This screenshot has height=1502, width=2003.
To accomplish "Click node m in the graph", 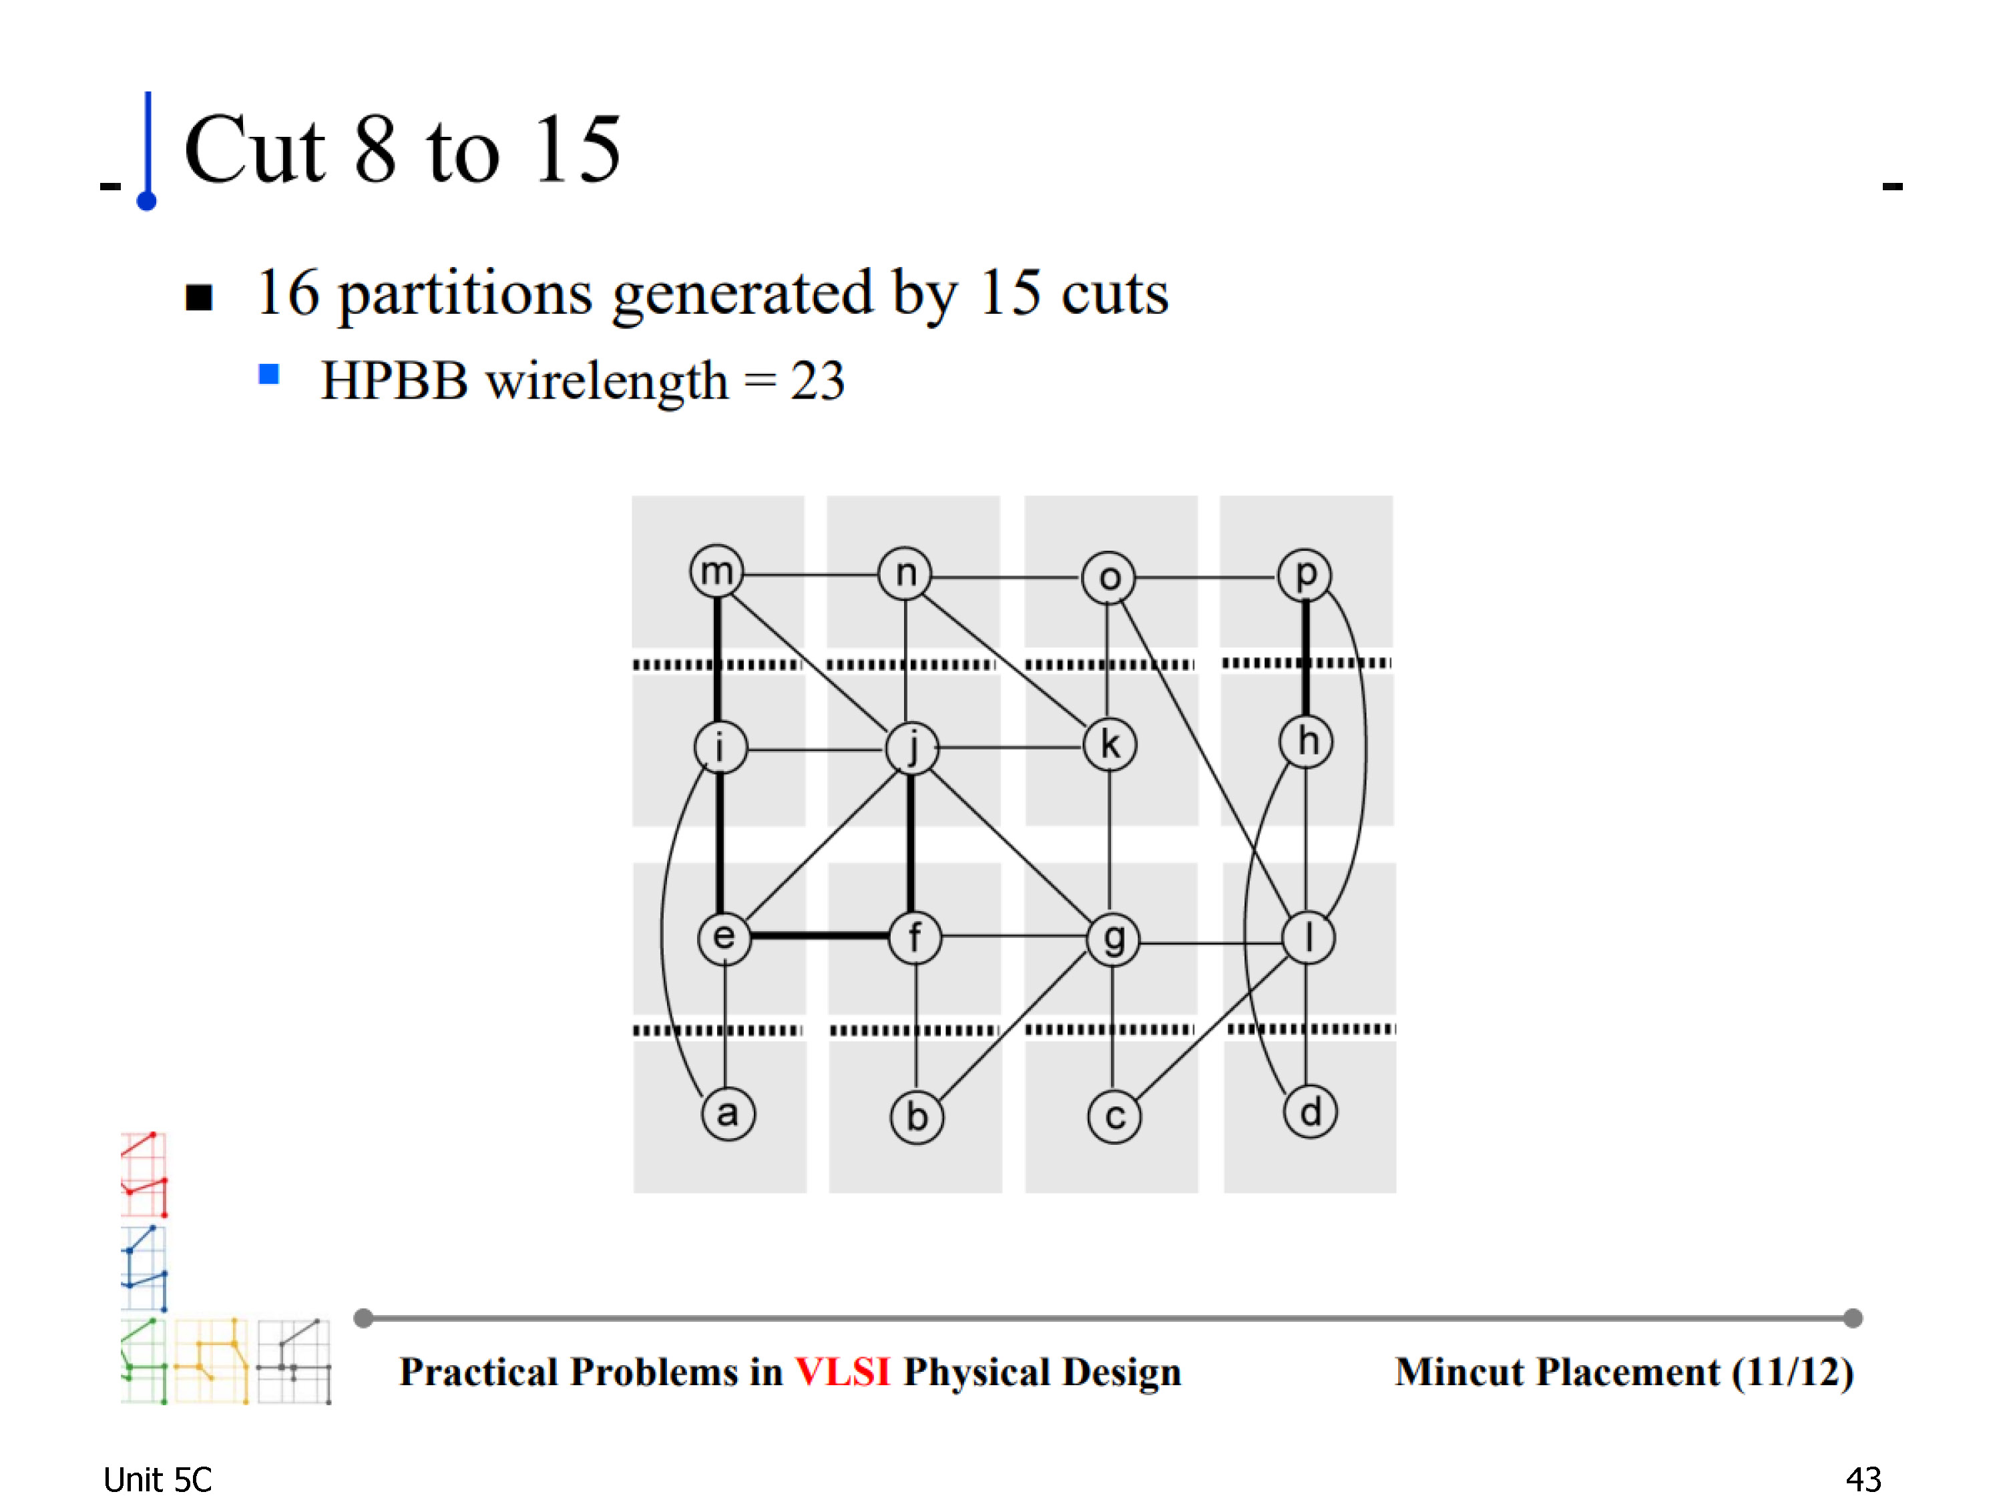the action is pyautogui.click(x=716, y=571).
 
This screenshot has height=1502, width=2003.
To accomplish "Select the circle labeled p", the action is pyautogui.click(x=1304, y=574).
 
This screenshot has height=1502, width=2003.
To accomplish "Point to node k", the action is pyautogui.click(x=1109, y=745).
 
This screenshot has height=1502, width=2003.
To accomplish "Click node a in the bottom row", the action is pyautogui.click(x=728, y=1113).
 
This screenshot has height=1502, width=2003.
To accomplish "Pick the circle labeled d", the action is pyautogui.click(x=1309, y=1111).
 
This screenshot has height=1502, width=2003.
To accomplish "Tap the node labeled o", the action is pyautogui.click(x=1108, y=577).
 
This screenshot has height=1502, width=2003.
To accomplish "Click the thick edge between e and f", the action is pyautogui.click(x=819, y=935).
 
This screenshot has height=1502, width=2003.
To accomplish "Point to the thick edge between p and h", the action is pyautogui.click(x=1305, y=658).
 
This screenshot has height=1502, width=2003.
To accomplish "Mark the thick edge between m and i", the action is pyautogui.click(x=717, y=660).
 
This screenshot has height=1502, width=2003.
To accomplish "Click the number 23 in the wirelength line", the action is pyautogui.click(x=818, y=381).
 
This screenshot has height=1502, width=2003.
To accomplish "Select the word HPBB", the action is pyautogui.click(x=395, y=381).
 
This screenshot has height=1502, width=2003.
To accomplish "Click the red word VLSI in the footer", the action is pyautogui.click(x=842, y=1372).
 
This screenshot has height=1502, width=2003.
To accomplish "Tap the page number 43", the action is pyautogui.click(x=1863, y=1479).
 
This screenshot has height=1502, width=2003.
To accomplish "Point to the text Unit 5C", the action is pyautogui.click(x=157, y=1479).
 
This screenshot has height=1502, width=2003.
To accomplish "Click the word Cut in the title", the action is pyautogui.click(x=254, y=150).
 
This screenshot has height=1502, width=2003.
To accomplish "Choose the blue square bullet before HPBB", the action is pyautogui.click(x=269, y=374).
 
